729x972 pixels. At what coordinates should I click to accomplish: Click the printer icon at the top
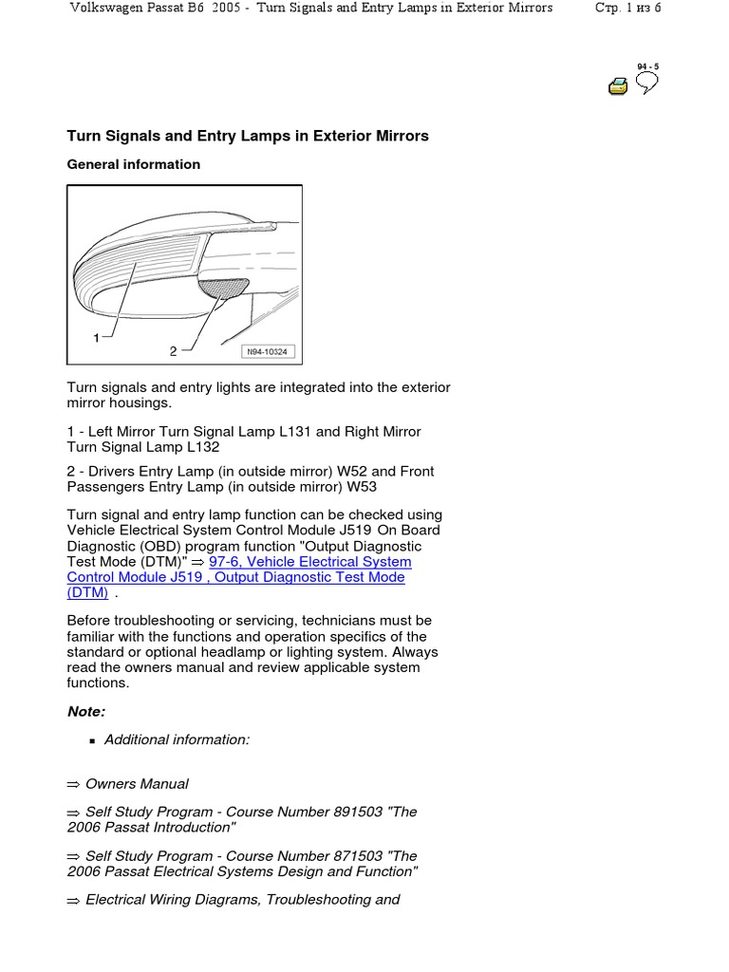click(618, 86)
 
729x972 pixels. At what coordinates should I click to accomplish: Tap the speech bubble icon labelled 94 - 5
click(646, 84)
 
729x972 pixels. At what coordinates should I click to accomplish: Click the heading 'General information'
click(133, 164)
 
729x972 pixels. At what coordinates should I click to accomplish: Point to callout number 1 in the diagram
click(96, 338)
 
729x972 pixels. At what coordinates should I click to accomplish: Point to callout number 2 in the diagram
click(173, 351)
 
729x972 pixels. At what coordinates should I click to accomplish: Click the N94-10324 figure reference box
click(269, 352)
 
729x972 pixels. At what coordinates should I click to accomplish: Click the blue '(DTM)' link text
click(87, 592)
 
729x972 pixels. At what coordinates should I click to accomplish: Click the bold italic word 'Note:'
click(86, 711)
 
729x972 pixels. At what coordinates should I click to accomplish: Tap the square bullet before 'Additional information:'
click(92, 740)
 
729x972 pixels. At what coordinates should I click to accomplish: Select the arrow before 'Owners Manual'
click(74, 784)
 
